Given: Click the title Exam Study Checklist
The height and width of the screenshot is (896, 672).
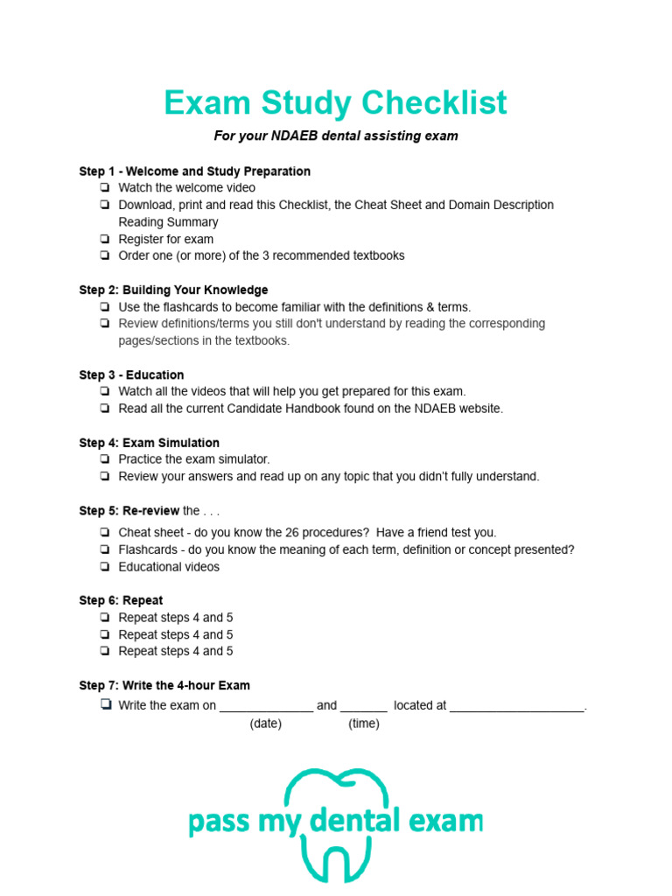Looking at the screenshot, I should (x=335, y=103).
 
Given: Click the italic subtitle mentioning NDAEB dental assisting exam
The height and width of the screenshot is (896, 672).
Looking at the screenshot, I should (x=336, y=136).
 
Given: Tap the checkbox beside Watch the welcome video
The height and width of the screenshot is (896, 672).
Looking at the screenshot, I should (x=105, y=188).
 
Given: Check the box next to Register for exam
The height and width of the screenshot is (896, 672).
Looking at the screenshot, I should (x=105, y=239).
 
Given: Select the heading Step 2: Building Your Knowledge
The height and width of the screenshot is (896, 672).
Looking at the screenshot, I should (x=173, y=290).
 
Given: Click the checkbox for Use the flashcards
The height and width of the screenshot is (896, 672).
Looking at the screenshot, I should (x=105, y=307).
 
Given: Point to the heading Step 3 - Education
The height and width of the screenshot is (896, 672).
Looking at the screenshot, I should (x=131, y=374).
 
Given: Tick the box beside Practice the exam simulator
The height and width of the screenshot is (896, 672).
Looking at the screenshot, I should (x=105, y=459).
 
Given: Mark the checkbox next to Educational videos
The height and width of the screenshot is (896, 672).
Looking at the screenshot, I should (x=105, y=567).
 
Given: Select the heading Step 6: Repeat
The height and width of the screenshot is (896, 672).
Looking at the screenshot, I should (x=121, y=600).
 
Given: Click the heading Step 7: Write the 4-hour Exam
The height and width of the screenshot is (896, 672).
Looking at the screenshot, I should (x=164, y=685).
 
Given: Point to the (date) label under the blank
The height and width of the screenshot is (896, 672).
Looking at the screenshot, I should (x=266, y=724).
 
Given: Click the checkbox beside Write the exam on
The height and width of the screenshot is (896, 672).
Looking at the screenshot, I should (x=105, y=705).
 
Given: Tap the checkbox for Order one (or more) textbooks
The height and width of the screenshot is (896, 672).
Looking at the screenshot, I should (x=105, y=256).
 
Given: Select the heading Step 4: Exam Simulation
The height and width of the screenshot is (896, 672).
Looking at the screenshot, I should (x=149, y=443).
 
